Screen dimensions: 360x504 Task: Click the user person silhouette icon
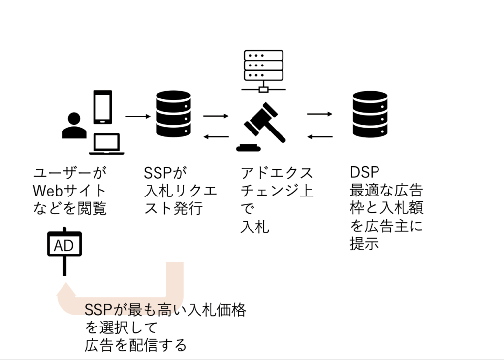[x=74, y=126]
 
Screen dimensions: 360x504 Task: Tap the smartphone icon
[x=103, y=107]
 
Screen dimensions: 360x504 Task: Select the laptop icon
[x=107, y=144]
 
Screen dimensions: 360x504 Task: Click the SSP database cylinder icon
[x=173, y=114]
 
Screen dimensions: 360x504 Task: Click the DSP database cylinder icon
[x=370, y=114]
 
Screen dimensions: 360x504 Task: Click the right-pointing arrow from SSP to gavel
[x=216, y=117]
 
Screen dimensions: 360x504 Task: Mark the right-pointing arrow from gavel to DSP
[x=320, y=114]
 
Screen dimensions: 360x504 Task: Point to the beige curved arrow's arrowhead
[x=65, y=291]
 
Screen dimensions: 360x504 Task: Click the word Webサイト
[x=69, y=191]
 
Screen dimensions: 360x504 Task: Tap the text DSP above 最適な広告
[x=365, y=173]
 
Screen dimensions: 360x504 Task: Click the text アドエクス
[x=277, y=173]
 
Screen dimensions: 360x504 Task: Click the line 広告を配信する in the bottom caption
[x=136, y=345]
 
